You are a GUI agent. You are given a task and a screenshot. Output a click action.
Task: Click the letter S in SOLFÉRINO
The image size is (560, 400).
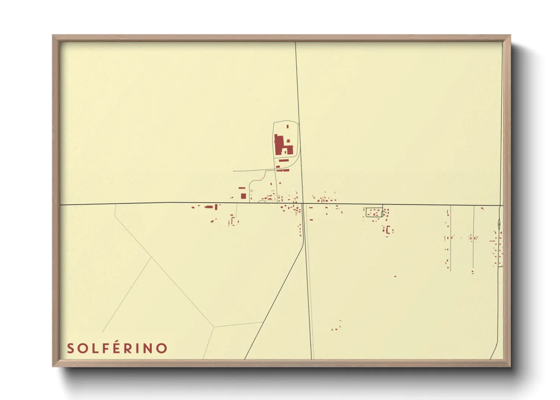tap(71, 348)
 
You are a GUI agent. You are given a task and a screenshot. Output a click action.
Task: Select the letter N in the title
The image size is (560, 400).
tap(149, 348)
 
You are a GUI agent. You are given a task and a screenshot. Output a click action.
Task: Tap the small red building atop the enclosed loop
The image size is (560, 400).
tap(287, 126)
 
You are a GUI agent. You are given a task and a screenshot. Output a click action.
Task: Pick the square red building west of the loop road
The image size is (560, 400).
tap(243, 196)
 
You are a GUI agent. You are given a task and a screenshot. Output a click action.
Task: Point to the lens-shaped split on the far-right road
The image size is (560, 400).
tap(499, 224)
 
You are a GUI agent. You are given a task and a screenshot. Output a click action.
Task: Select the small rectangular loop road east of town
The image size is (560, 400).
tap(374, 212)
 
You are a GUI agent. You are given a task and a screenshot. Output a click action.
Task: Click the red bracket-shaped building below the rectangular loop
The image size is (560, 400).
tap(389, 229)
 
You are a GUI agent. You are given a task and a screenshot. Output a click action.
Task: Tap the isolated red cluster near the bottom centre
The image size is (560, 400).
tap(336, 326)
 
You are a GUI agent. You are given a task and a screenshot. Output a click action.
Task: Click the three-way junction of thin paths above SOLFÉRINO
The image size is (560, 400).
tap(214, 326)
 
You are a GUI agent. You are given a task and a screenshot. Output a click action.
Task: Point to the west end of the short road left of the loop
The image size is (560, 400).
tap(233, 171)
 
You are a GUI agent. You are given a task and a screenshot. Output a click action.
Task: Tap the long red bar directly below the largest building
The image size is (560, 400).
tap(283, 160)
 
